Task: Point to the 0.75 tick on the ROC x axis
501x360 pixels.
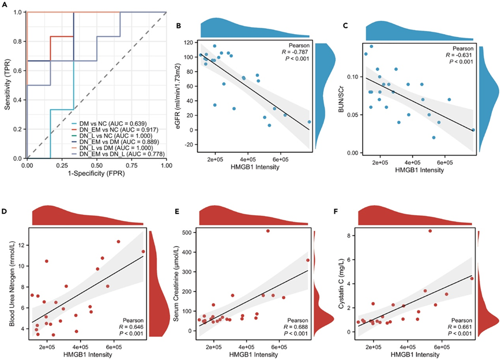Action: (x=131, y=166)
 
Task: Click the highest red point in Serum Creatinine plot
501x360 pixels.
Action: (x=268, y=231)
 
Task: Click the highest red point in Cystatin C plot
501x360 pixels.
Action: (x=430, y=231)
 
